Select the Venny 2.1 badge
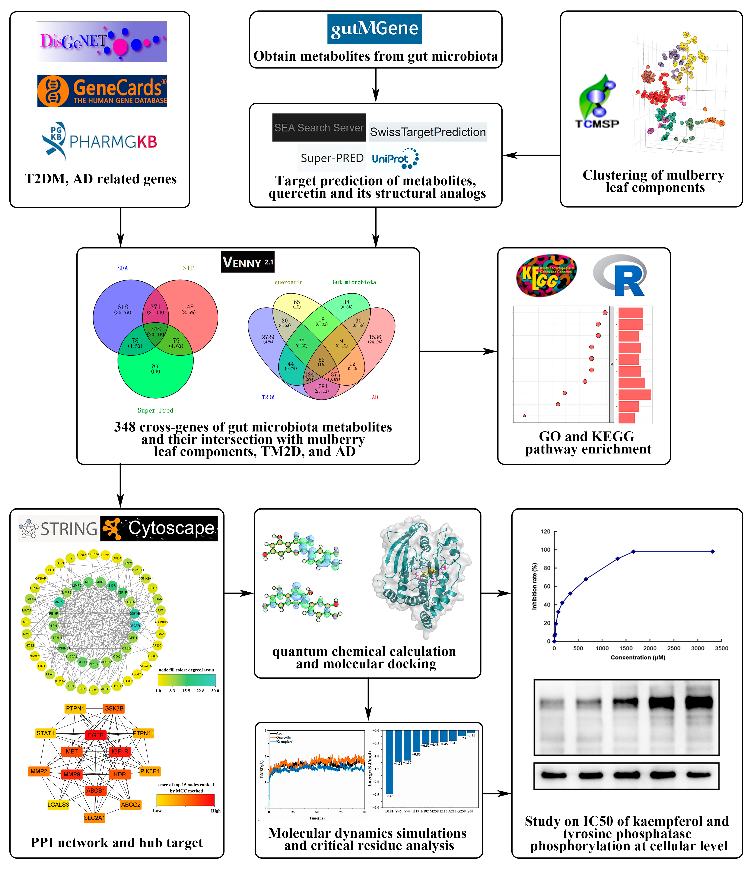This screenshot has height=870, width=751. [248, 262]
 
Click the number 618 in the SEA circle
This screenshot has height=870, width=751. [122, 307]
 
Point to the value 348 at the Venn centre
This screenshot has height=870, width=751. [155, 329]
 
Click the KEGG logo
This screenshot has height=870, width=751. [546, 275]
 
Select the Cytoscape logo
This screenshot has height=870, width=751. [159, 528]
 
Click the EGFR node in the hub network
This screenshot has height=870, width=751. [96, 735]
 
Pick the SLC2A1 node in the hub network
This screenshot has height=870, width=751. [95, 817]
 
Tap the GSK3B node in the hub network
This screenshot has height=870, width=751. [114, 708]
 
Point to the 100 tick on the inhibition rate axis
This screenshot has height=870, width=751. [546, 550]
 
